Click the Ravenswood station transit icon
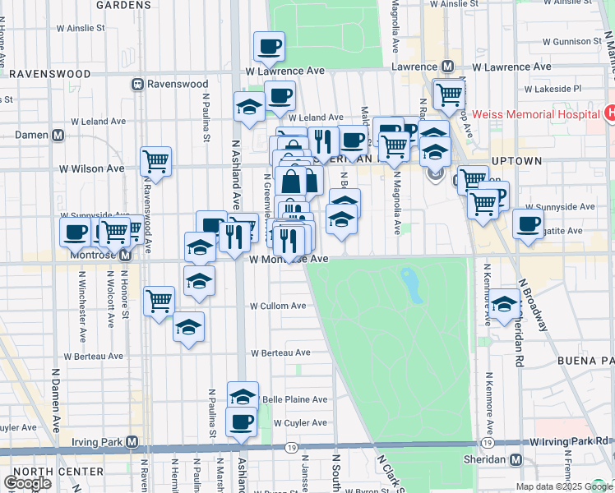tap(138, 83)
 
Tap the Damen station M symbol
tap(58, 135)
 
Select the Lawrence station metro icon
tap(448, 67)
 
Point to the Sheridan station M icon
tap(516, 460)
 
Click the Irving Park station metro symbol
tap(132, 442)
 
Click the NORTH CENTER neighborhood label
tap(58, 472)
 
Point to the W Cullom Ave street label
tap(277, 306)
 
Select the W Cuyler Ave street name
tap(300, 423)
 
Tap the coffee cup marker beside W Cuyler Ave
tap(242, 422)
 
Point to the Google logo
tap(27, 483)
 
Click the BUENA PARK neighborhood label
tap(585, 361)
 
